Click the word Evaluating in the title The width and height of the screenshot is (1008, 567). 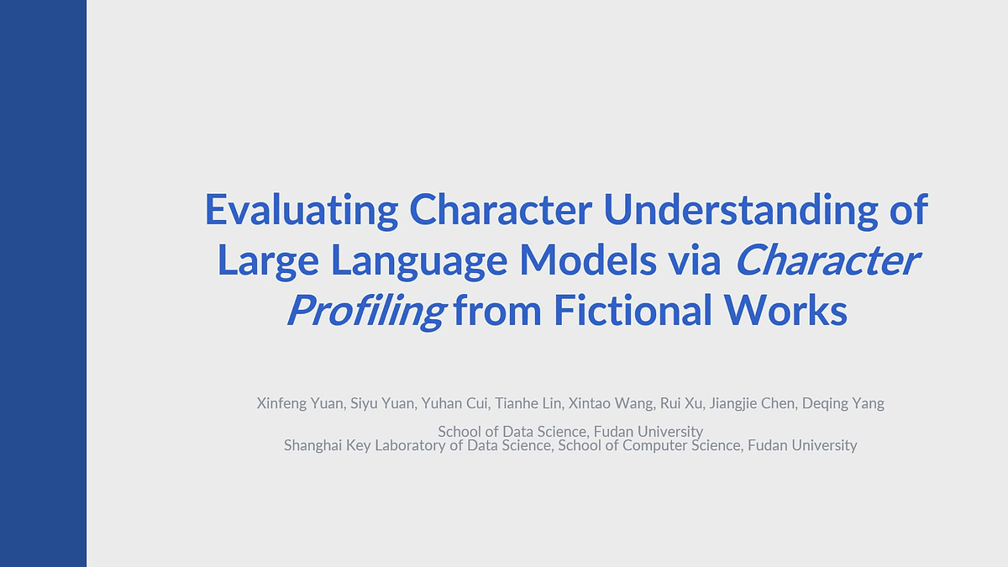pyautogui.click(x=302, y=211)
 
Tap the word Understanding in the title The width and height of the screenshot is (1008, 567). pyautogui.click(x=741, y=211)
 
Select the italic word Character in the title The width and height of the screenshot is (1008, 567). pyautogui.click(x=827, y=260)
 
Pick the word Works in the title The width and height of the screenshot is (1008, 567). pyautogui.click(x=785, y=310)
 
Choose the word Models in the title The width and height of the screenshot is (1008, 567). pyautogui.click(x=588, y=260)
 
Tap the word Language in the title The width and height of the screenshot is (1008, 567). pyautogui.click(x=419, y=262)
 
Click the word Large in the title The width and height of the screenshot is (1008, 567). pyautogui.click(x=268, y=262)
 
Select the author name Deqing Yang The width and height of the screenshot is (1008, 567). pyautogui.click(x=843, y=404)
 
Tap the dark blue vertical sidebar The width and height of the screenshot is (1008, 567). pyautogui.click(x=43, y=284)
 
